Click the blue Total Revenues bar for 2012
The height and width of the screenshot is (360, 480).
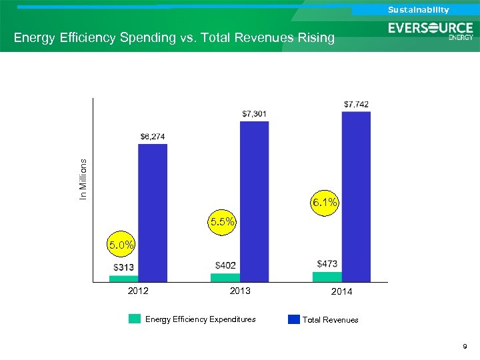pos(153,212)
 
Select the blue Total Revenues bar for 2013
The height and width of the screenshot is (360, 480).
pos(254,200)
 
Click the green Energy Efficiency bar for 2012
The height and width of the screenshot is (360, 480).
pos(123,279)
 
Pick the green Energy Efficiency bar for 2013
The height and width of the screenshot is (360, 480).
pos(225,277)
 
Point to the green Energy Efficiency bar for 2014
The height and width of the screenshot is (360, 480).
pos(327,277)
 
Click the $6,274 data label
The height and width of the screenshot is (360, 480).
pos(153,137)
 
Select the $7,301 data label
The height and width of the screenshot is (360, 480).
pos(254,114)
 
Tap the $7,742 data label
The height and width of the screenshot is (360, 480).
pos(356,104)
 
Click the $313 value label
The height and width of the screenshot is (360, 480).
pos(123,267)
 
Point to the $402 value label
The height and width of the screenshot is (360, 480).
pos(225,265)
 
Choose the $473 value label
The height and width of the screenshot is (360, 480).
pos(327,264)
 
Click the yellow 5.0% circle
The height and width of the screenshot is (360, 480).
pos(122,245)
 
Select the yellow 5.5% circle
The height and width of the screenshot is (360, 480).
pos(222,222)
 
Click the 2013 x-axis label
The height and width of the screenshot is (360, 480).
pos(239,291)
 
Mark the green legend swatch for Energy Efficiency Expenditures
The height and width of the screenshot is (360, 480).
pos(135,319)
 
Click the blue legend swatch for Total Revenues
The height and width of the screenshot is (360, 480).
pos(293,319)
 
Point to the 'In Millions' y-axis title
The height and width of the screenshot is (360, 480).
pos(83,179)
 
